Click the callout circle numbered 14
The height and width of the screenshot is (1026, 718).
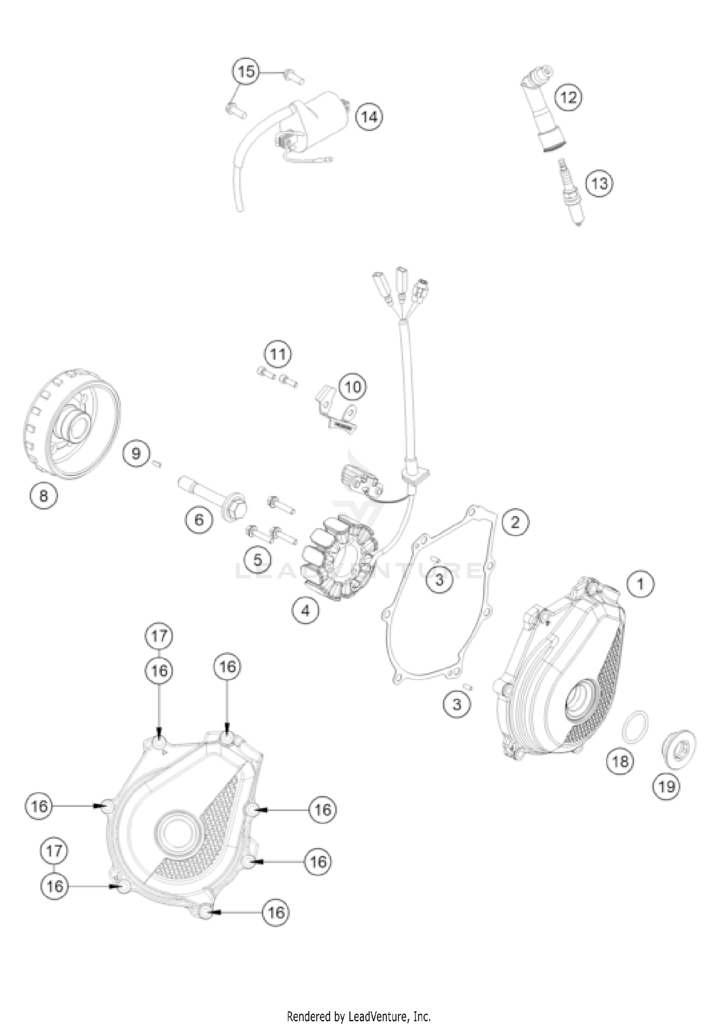pos(370,117)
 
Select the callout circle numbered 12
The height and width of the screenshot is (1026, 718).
pos(568,97)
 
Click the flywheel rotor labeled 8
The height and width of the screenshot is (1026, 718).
pos(72,424)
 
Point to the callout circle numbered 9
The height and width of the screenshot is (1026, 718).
pos(136,453)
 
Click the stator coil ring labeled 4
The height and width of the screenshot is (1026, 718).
pos(339,557)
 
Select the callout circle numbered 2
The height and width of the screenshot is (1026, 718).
pos(515,522)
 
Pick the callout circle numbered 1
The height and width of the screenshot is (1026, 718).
pos(640,584)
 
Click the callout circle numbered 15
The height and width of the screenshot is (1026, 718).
pos(246,72)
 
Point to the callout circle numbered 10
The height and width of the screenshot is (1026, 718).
pos(353,387)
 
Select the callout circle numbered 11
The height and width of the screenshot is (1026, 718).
pos(278,354)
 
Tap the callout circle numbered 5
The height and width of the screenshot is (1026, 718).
pos(258,559)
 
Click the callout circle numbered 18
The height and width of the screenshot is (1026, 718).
pos(620,761)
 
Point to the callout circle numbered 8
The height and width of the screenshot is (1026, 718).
pos(44,496)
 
